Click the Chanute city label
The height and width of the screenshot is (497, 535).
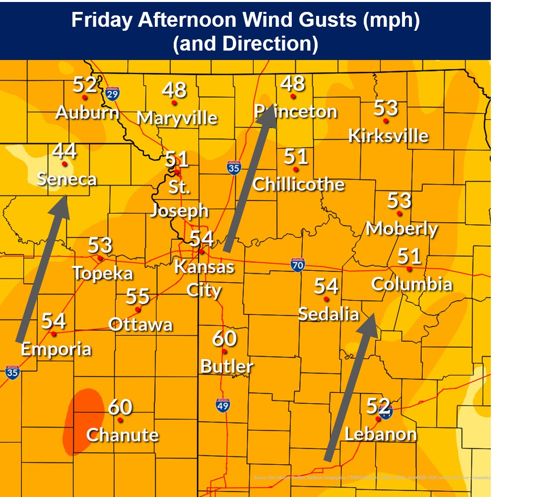(122, 435)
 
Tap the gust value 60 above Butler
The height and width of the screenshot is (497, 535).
(224, 339)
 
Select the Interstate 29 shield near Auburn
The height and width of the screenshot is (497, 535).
(113, 93)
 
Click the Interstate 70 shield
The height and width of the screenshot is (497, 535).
(298, 265)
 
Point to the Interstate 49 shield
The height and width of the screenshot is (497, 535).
(223, 405)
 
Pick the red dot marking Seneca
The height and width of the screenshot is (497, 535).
(64, 164)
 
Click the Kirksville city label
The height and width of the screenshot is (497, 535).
(388, 135)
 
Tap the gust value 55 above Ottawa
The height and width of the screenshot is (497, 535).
(137, 297)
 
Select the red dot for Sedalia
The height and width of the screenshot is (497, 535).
(326, 299)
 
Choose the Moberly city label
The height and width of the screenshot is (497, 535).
(401, 229)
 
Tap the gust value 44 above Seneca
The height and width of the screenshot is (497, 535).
(64, 151)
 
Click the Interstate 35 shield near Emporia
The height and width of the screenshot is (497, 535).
(13, 373)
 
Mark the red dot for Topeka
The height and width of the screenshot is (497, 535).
(100, 258)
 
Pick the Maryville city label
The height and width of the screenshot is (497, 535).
(177, 118)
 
